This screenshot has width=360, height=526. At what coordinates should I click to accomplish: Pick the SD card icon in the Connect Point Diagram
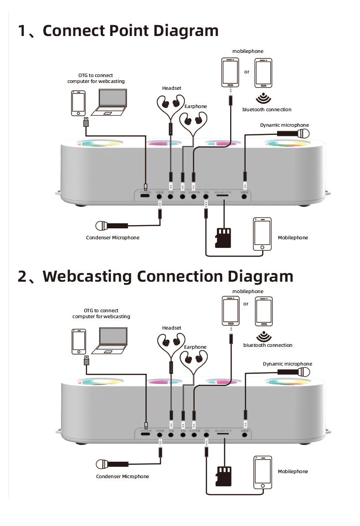click(x=223, y=237)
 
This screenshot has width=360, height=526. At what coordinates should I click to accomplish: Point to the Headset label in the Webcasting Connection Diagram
click(x=171, y=328)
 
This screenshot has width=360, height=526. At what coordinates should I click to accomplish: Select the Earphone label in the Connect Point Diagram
click(x=195, y=107)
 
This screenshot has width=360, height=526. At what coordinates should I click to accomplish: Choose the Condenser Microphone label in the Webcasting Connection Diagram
click(x=122, y=476)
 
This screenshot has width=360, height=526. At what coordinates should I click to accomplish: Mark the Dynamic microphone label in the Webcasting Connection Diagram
click(x=287, y=364)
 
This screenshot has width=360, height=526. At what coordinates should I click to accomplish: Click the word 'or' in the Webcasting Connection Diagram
click(x=246, y=304)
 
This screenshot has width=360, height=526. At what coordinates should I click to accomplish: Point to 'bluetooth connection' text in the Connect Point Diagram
click(x=267, y=110)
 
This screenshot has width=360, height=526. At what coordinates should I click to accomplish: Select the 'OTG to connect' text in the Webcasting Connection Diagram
click(x=101, y=310)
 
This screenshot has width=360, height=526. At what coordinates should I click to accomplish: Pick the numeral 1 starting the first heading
click(x=23, y=31)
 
